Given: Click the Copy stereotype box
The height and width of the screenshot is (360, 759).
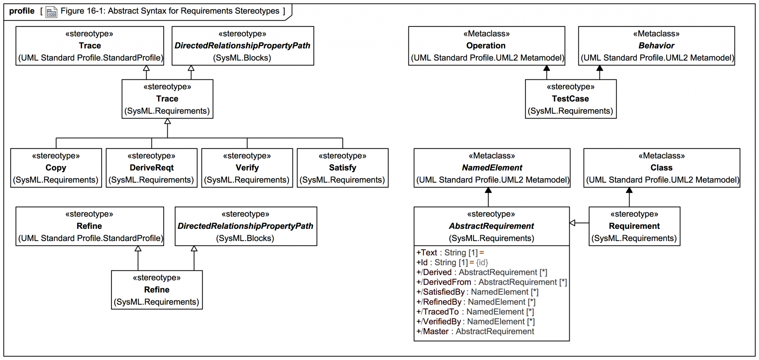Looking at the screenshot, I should tap(56, 168).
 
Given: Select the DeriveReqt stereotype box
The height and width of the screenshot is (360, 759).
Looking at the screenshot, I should tap(151, 168).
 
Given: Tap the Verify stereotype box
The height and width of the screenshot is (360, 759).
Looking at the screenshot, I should tap(247, 168).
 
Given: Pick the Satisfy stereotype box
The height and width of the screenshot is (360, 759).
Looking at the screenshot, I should tap(342, 168).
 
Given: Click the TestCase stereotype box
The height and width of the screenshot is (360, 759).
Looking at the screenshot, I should tap(570, 99).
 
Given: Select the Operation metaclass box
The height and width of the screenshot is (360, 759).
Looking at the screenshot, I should tap(486, 46).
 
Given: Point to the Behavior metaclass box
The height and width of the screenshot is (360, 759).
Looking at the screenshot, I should tap(656, 46).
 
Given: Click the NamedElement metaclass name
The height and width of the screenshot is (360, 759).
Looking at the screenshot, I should tap(492, 168).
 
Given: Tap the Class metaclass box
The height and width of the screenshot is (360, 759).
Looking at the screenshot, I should tap(661, 168).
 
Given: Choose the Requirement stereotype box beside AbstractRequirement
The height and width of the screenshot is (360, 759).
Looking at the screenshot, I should tap(634, 226).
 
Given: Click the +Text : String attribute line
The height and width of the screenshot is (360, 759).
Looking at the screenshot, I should tap(450, 253).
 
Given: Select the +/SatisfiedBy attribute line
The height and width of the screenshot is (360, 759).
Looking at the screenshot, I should tap(477, 292).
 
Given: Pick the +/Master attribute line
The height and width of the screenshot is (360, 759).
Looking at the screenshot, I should tap(475, 332).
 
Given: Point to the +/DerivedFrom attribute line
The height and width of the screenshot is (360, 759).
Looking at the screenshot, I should tap(491, 282).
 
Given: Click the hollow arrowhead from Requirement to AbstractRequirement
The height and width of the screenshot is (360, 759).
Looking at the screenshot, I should tap(572, 223).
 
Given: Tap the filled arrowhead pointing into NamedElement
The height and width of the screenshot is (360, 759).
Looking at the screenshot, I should tap(488, 190).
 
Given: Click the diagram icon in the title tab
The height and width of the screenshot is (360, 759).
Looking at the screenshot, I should tap(51, 12).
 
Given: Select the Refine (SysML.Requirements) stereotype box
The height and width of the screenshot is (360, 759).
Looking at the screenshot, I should tap(157, 290).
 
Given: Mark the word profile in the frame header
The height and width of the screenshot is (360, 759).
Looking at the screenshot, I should tap(22, 11).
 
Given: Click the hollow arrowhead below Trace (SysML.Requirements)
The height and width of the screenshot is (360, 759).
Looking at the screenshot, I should tap(168, 121).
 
